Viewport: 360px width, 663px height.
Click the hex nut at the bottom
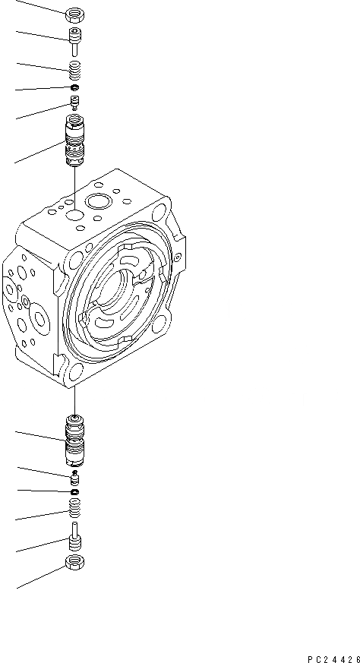click(x=76, y=561)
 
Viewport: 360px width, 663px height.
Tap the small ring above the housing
click(x=75, y=87)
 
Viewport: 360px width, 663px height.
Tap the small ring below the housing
click(x=75, y=491)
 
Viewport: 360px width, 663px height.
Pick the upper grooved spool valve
click(x=74, y=140)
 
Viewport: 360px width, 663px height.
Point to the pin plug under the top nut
click(x=75, y=42)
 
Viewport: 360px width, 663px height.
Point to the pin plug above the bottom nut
click(x=75, y=535)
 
